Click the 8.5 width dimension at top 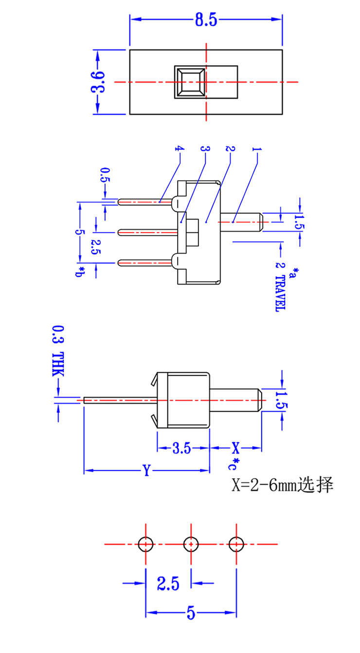[x=205, y=20]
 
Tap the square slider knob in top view [x=190, y=82]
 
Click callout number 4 [x=180, y=149]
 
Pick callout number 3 [x=204, y=149]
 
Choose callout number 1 [x=256, y=149]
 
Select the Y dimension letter [x=146, y=471]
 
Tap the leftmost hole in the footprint [x=146, y=544]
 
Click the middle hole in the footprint [x=191, y=544]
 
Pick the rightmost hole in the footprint [x=236, y=544]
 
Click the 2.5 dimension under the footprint [x=168, y=582]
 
